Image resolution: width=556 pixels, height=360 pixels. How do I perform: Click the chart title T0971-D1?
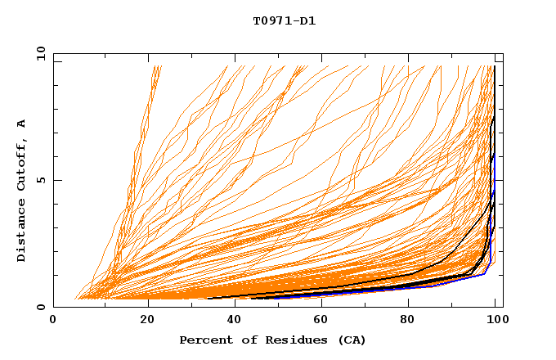tap(285, 21)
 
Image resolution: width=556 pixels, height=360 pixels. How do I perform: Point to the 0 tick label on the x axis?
tap(53, 320)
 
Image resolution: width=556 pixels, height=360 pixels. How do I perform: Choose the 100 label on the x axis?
tap(495, 320)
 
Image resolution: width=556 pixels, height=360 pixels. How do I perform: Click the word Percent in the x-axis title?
tap(202, 340)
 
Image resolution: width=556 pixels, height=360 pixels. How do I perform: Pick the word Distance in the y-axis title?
tap(21, 231)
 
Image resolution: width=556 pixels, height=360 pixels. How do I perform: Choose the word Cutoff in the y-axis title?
tap(21, 166)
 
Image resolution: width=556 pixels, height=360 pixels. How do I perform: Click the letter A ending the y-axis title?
tap(21, 123)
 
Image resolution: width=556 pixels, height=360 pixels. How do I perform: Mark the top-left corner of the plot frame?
tap(53, 53)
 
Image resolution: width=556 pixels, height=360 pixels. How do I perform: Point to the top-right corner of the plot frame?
tap(503, 53)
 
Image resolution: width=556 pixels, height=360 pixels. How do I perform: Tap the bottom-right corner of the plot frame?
tap(503, 308)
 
